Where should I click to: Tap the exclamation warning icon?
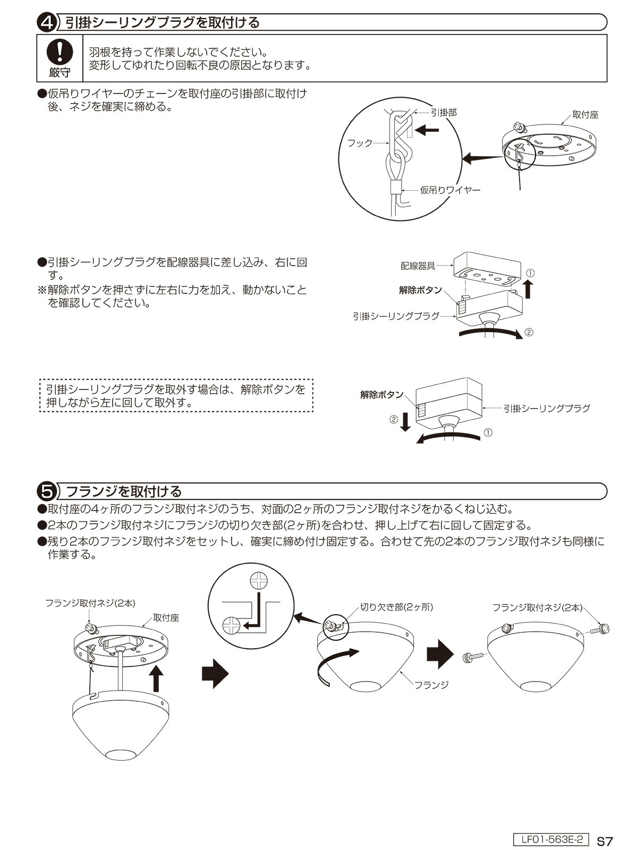(60, 52)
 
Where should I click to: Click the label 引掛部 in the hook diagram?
(443, 112)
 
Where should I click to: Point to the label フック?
(360, 143)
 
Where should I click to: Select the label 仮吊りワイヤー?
(450, 190)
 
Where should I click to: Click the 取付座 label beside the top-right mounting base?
(585, 115)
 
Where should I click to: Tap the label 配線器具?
(418, 266)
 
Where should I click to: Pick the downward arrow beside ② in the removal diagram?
(405, 422)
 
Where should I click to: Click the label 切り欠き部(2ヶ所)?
(396, 607)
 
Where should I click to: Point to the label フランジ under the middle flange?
(432, 685)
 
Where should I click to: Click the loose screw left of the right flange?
(474, 657)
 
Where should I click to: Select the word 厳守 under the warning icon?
(60, 72)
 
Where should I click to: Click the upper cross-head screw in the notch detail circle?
(259, 581)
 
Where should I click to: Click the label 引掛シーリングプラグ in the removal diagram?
(547, 409)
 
